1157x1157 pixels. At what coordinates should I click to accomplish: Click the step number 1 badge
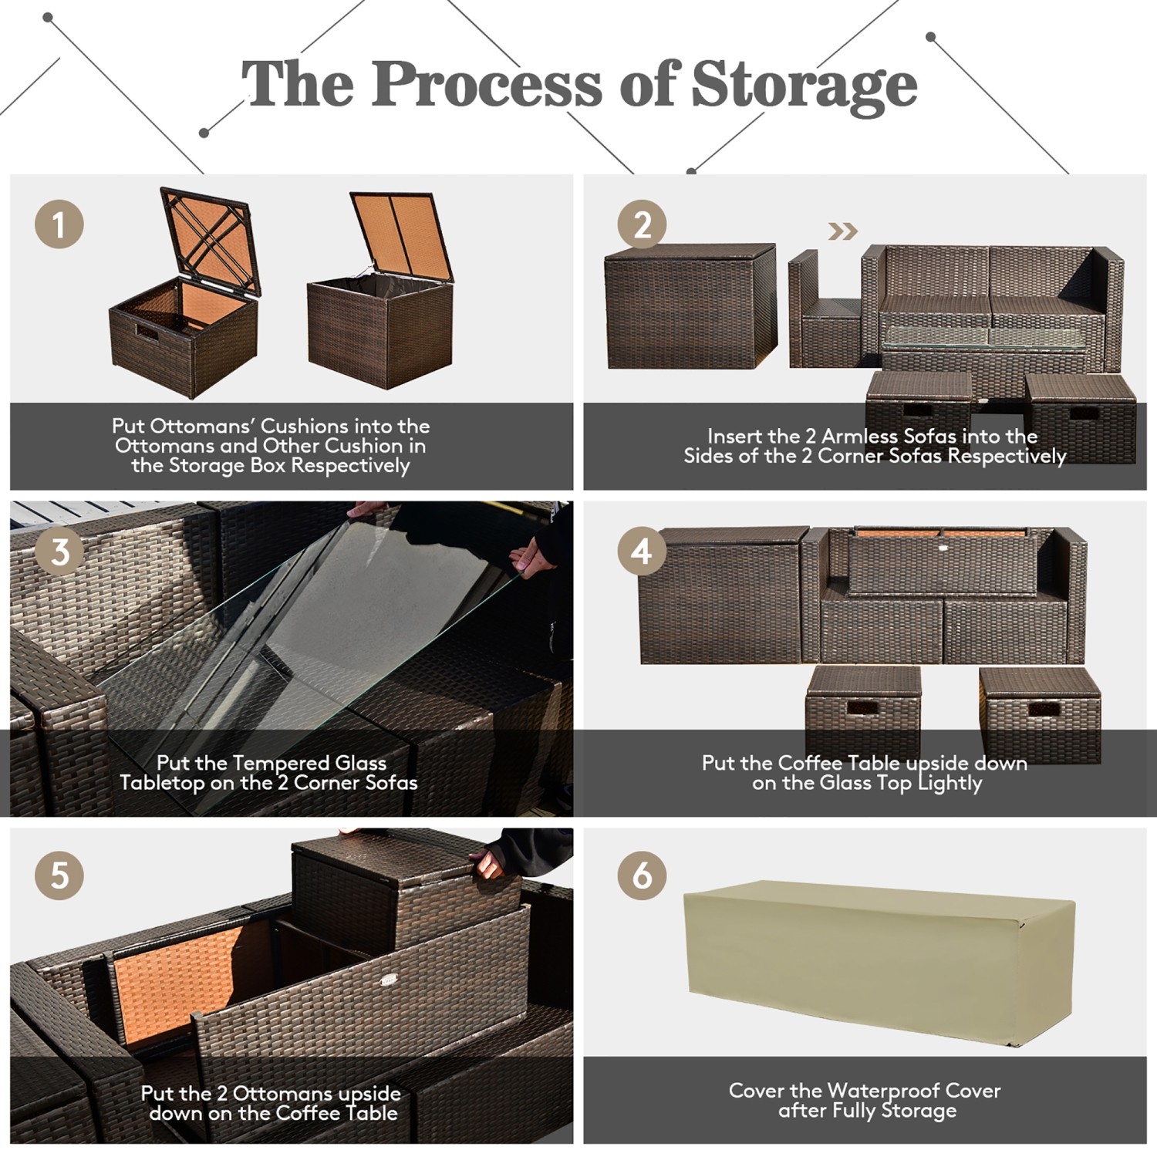pos(59,224)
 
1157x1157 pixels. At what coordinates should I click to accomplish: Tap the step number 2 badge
pos(642,224)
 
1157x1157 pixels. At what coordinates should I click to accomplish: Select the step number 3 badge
pos(59,552)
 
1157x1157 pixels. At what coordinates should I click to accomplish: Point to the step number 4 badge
pos(642,552)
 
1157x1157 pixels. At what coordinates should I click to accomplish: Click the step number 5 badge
pos(59,875)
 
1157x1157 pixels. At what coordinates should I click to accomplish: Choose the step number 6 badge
pos(642,875)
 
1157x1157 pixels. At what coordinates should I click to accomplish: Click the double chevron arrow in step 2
pos(842,231)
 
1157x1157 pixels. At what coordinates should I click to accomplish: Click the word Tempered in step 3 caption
pos(270,764)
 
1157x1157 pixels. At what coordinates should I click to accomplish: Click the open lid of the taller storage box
pos(403,235)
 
